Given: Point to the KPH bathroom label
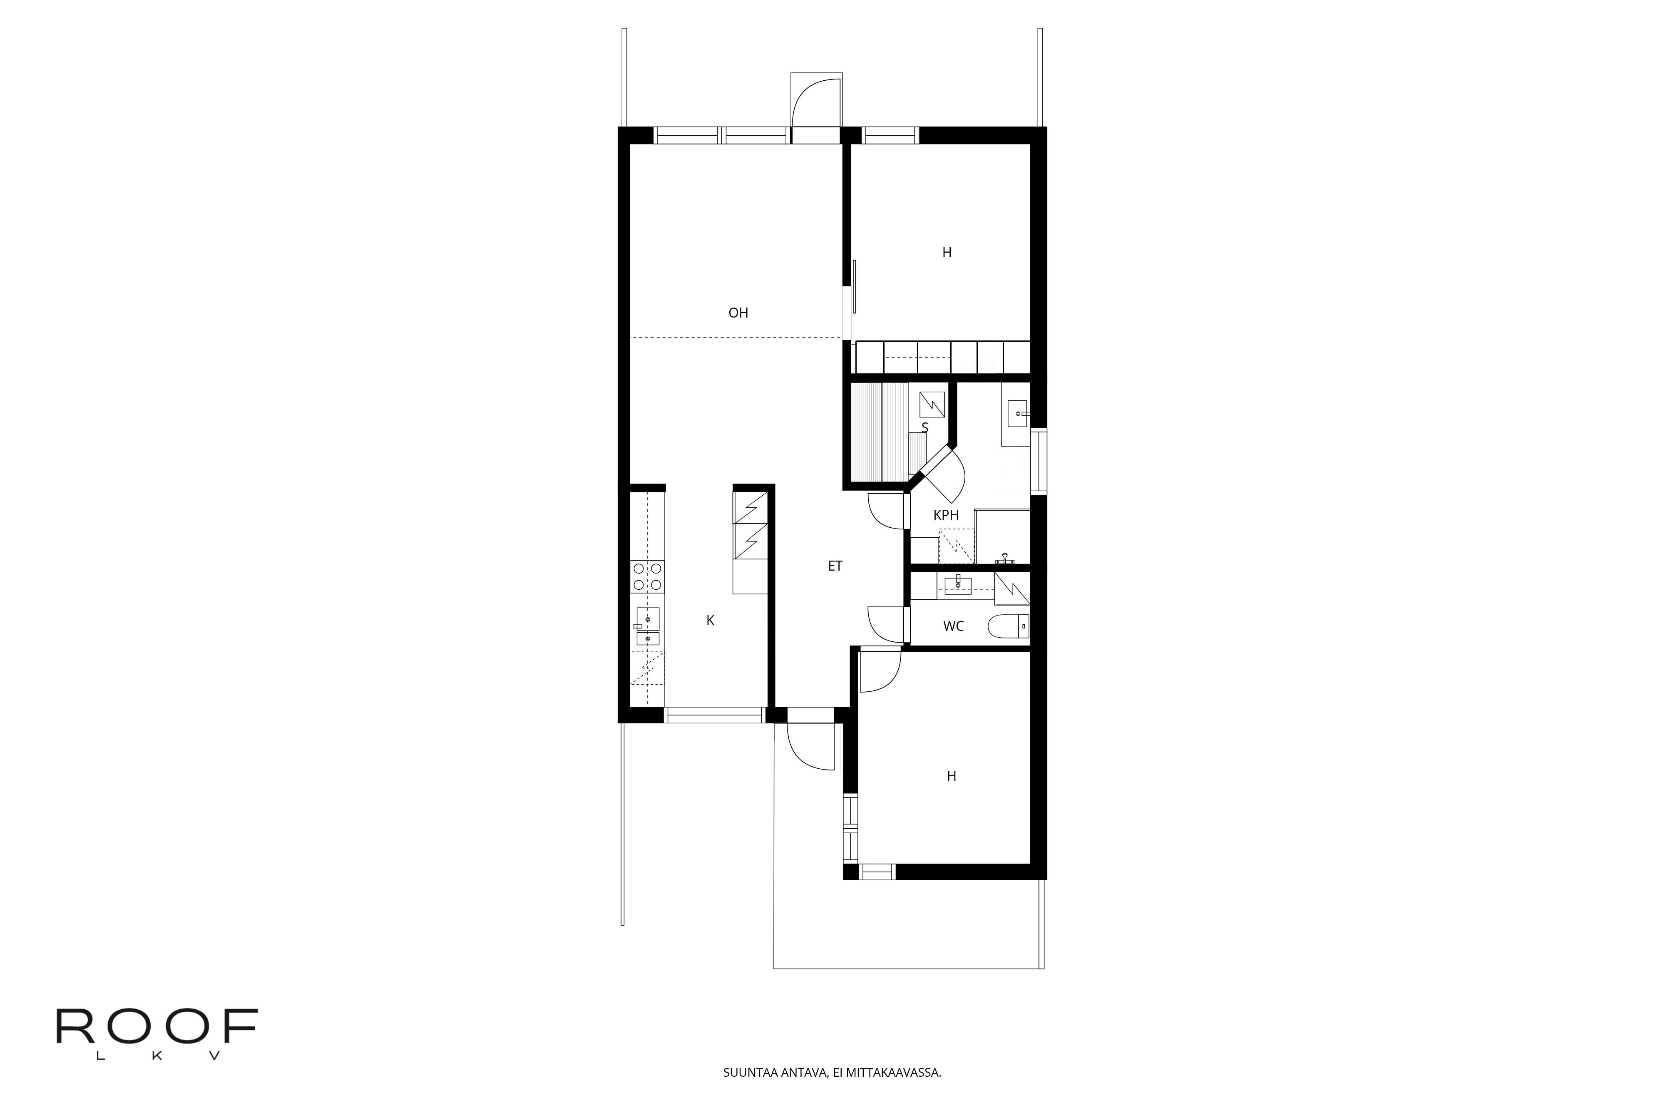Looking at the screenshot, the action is click(946, 515).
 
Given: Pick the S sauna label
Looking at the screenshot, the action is click(924, 427).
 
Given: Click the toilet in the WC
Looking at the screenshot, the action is click(1009, 626).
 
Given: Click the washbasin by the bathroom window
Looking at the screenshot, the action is click(1019, 413).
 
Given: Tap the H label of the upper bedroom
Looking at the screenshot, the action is click(947, 253).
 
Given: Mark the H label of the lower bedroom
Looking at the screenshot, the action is click(952, 777).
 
